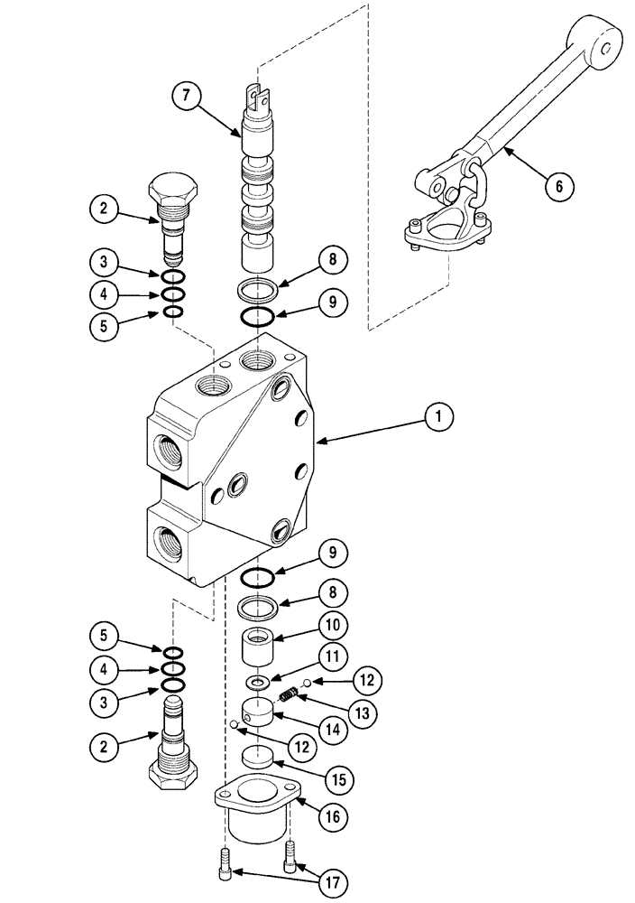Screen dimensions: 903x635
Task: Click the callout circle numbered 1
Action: pyautogui.click(x=438, y=417)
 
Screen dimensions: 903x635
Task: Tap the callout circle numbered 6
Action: pyautogui.click(x=558, y=186)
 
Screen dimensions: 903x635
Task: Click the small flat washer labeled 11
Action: pyautogui.click(x=258, y=683)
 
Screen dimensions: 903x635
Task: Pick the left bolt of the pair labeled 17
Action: pyautogui.click(x=225, y=868)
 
